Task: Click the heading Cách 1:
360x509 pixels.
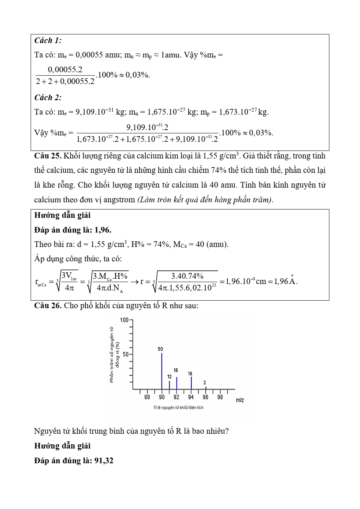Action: point(48,40)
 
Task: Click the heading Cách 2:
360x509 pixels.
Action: point(48,98)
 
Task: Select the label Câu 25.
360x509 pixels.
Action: point(48,156)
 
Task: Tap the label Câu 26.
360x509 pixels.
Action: point(48,306)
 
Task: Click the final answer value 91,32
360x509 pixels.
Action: point(104,461)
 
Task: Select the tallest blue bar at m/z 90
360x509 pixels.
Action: point(162,371)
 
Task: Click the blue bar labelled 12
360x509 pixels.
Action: point(169,385)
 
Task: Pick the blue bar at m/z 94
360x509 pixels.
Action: point(191,382)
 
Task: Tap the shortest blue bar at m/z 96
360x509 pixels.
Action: point(206,388)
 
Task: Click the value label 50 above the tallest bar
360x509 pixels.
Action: point(160,349)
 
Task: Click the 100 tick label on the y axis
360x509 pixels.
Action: point(124,320)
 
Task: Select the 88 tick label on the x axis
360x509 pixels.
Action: point(147,397)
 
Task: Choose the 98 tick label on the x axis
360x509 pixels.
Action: point(220,397)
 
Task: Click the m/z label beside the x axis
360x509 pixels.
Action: point(240,400)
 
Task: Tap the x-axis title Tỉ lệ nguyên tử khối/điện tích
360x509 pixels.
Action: point(178,408)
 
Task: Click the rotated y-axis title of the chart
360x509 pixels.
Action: point(114,354)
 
